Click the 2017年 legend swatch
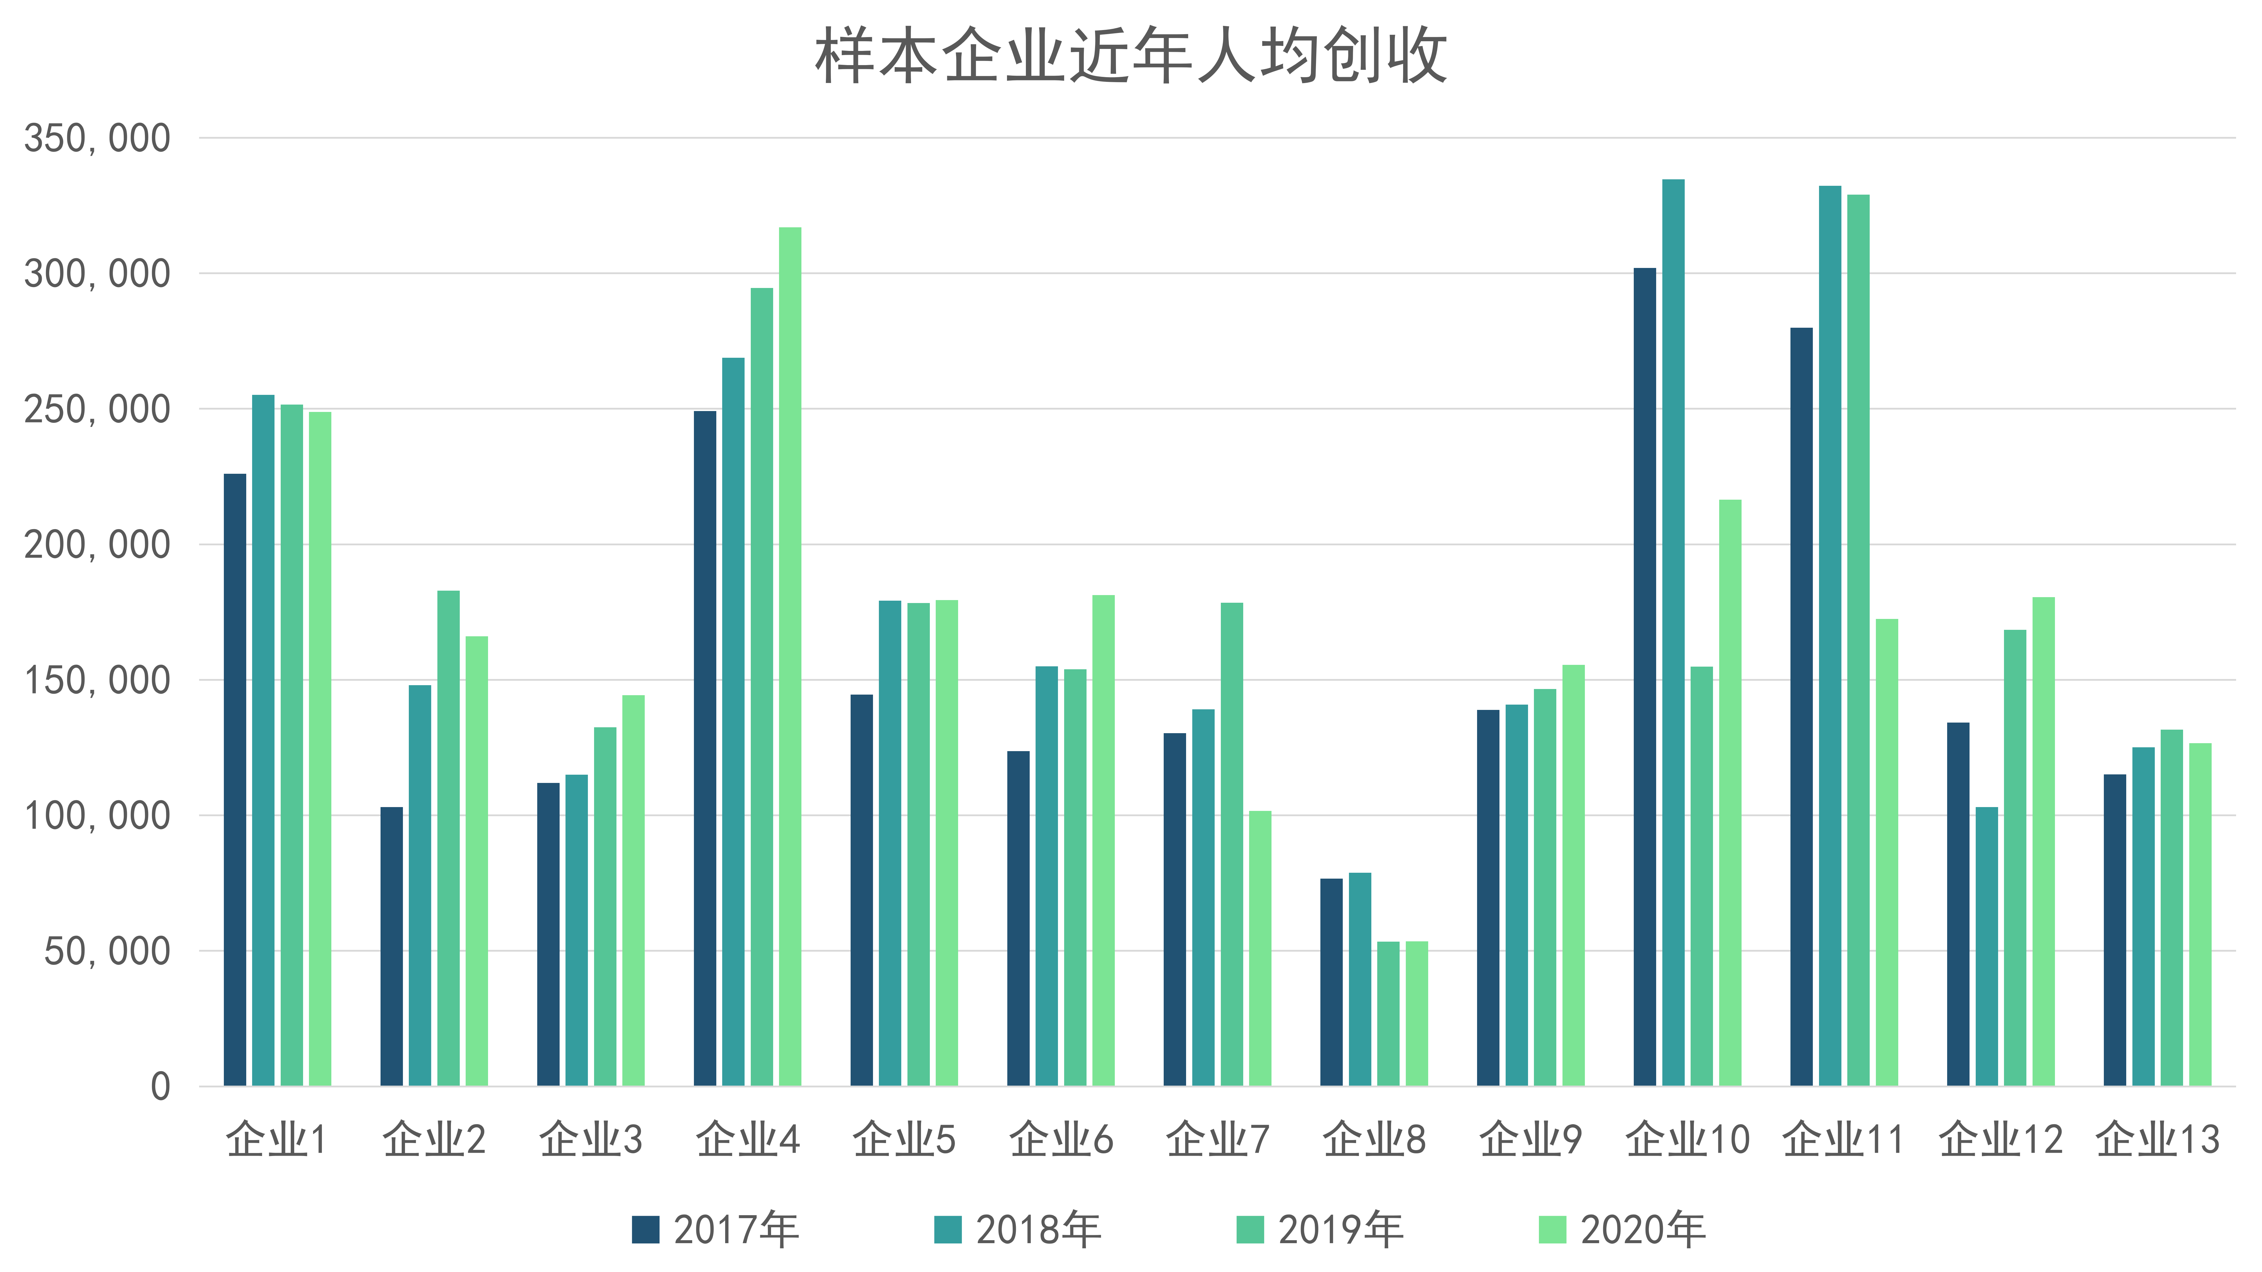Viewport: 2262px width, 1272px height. point(645,1230)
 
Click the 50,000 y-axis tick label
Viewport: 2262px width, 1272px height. point(107,951)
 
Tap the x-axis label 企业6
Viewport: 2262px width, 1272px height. point(1061,1139)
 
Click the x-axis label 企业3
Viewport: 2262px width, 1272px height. point(591,1139)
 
